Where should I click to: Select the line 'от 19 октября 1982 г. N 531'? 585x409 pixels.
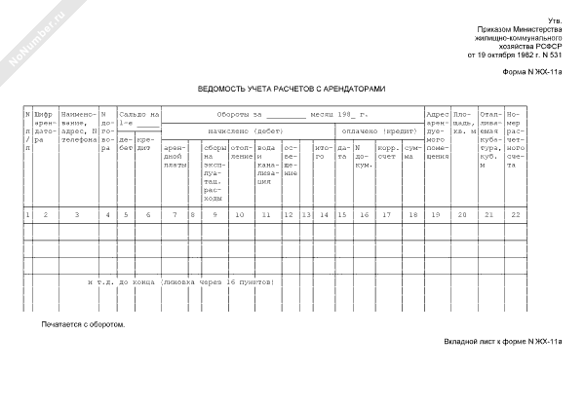[x=515, y=55]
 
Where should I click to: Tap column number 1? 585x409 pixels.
[x=27, y=213]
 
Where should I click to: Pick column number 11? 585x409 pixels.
[x=266, y=213]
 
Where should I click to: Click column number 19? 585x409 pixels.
[x=436, y=213]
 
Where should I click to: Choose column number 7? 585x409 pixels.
[x=175, y=213]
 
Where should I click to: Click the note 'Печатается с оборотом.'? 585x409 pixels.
[x=83, y=323]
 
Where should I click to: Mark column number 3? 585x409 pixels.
[x=77, y=213]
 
